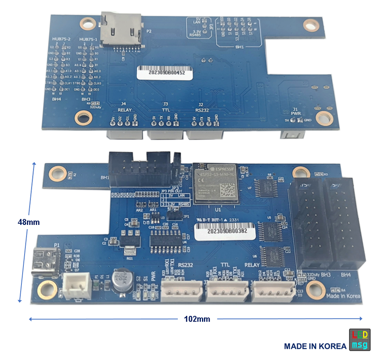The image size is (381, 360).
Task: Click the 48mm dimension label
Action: click(x=28, y=222)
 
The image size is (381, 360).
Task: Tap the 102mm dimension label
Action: click(x=197, y=319)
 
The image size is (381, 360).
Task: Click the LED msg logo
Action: click(x=359, y=339)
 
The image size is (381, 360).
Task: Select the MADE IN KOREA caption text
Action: click(x=315, y=346)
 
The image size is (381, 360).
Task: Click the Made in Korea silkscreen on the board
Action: click(x=343, y=296)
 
